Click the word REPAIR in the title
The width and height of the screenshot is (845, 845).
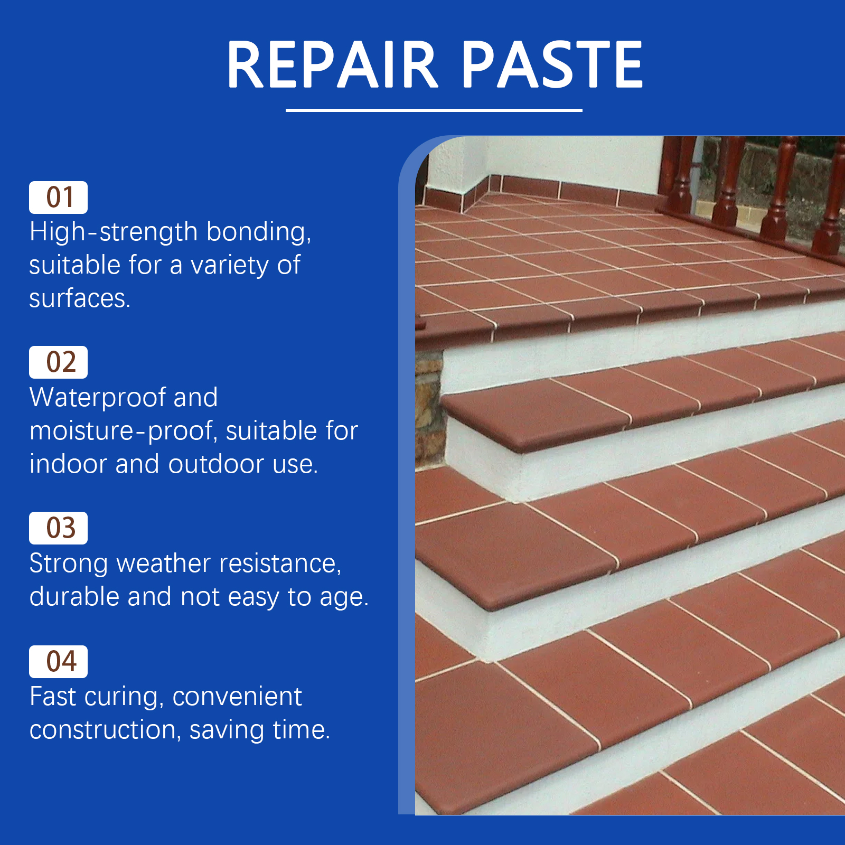click(x=332, y=64)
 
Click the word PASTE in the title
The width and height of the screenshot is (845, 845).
click(x=552, y=64)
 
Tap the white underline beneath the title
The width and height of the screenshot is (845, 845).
click(x=434, y=110)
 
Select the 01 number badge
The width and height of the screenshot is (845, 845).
click(x=58, y=198)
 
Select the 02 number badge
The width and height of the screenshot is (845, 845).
click(x=58, y=362)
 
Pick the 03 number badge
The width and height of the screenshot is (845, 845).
click(x=58, y=528)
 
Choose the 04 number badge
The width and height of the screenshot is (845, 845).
click(x=58, y=662)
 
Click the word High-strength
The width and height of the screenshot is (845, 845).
click(x=114, y=233)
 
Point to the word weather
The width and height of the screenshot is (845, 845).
click(x=164, y=564)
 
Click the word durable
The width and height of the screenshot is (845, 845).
click(x=74, y=597)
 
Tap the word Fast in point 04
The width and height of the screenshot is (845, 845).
click(x=53, y=697)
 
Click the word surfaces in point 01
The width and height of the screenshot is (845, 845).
click(x=79, y=299)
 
